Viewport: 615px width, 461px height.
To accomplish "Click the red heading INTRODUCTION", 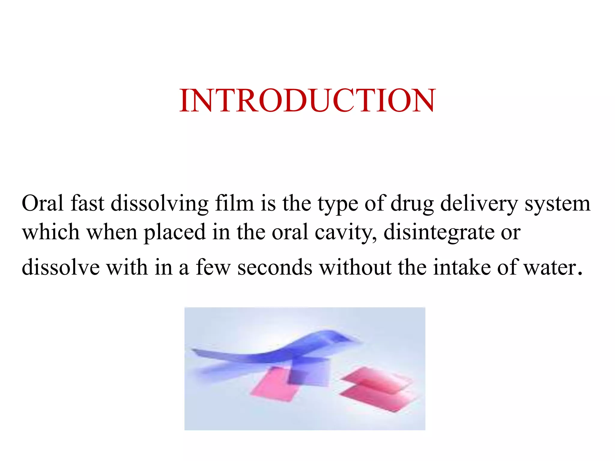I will click(307, 101).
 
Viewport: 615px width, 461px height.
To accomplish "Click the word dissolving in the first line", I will click(159, 203).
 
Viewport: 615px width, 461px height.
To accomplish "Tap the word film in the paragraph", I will click(235, 203).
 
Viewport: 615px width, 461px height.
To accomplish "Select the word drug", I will click(412, 203).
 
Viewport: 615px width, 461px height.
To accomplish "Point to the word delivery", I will click(479, 203).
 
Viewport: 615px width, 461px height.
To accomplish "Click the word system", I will click(557, 203).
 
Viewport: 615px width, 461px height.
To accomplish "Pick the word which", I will click(51, 232).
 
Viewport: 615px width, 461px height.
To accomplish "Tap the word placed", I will click(175, 232).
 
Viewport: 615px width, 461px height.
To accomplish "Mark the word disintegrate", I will click(439, 232).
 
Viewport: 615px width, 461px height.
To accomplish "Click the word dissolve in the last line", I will click(61, 267).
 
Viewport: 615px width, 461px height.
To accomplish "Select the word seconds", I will click(275, 267).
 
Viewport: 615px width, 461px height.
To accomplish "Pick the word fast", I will click(87, 203).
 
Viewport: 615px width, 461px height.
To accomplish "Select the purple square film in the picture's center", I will click(309, 372).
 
